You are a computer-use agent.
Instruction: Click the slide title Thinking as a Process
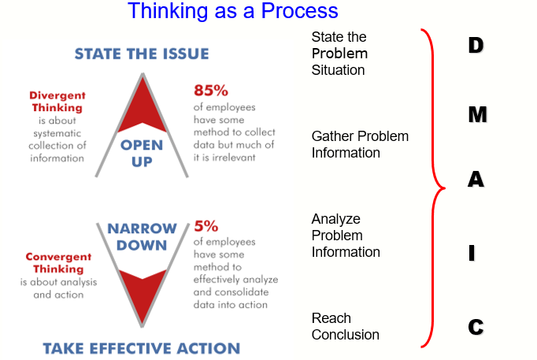point(232,11)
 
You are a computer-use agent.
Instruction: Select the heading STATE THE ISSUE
point(142,54)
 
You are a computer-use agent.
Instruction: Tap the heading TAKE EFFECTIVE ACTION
point(141,347)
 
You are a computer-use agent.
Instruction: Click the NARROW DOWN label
point(142,236)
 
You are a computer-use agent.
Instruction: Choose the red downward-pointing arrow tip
point(142,299)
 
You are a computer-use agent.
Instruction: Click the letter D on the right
point(475,46)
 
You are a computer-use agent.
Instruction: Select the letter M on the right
point(476,114)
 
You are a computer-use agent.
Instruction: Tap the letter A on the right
point(476,180)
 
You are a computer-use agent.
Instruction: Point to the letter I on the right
point(472,253)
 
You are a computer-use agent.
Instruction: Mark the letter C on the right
point(475,327)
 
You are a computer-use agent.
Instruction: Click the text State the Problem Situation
point(339,54)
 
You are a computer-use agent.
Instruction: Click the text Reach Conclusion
point(345,326)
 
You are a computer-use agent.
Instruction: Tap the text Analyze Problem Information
point(346,236)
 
